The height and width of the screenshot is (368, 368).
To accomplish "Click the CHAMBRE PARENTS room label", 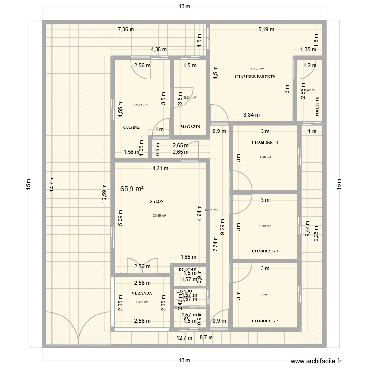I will (255, 77).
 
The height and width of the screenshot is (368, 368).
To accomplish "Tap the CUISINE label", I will (131, 127).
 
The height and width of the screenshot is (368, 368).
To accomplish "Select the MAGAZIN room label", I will (190, 127).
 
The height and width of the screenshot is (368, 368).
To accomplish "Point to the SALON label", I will (157, 202).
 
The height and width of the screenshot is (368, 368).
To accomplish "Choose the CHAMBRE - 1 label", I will (265, 143).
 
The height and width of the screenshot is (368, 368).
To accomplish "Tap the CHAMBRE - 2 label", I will (265, 251).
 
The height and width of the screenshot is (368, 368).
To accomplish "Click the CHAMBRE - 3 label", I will (265, 321).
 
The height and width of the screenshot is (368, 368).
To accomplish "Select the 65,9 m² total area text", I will (131, 189).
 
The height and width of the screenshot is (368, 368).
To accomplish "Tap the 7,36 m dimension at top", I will (126, 30).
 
